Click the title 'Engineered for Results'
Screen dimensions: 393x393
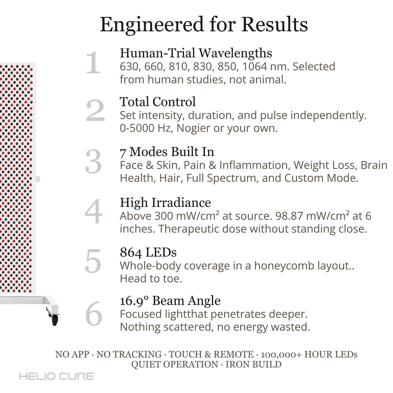tap(204, 25)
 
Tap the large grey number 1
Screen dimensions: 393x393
tap(93, 63)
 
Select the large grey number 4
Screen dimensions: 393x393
tap(93, 212)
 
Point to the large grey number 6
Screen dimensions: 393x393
tap(94, 314)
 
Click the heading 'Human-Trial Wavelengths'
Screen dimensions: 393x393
tap(196, 53)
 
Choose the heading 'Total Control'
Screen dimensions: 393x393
tap(158, 102)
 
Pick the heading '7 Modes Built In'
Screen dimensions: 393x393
tap(167, 152)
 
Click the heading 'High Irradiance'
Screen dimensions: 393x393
tap(165, 202)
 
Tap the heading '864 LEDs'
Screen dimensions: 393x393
tap(148, 253)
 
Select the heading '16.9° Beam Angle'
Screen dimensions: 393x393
tap(170, 301)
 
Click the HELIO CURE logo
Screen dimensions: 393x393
tap(56, 376)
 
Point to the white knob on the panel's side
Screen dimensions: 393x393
tap(38, 179)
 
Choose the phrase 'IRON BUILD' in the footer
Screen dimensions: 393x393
tap(253, 365)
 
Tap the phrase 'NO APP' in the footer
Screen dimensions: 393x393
tap(72, 354)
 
